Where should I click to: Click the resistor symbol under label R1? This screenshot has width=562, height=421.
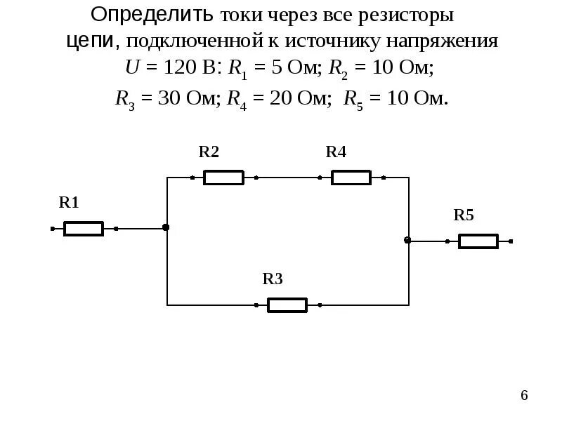tap(84, 229)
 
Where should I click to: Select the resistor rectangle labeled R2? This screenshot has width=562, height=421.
tap(223, 178)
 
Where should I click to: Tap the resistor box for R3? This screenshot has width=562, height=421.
tap(287, 305)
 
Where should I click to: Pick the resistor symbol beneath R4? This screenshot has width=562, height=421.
tap(351, 178)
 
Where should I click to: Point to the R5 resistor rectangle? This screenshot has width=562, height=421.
tap(478, 241)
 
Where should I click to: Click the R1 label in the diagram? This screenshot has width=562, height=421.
tap(69, 203)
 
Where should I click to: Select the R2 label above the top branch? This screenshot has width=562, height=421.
tap(209, 152)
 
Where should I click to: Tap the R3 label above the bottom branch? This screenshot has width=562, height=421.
tap(273, 279)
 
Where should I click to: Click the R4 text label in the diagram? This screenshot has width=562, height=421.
tap(336, 152)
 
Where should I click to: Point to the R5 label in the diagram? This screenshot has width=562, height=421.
tap(464, 215)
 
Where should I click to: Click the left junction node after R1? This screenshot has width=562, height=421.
tap(166, 227)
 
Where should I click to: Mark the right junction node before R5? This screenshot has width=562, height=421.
tap(407, 240)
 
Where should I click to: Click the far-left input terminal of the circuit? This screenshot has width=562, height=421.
tap(53, 229)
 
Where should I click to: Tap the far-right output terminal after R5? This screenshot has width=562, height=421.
tap(511, 241)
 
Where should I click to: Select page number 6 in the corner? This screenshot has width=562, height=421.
tap(524, 396)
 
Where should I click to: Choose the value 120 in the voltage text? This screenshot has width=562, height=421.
tap(178, 69)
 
